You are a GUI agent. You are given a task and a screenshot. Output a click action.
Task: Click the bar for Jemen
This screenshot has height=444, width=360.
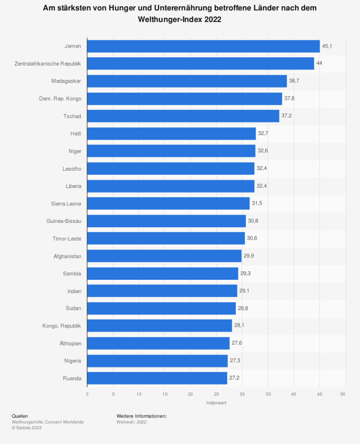(x=203, y=46)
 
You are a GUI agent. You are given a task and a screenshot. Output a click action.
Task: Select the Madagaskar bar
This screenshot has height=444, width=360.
(x=187, y=81)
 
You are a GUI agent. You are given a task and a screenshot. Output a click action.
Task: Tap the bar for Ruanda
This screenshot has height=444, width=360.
(x=157, y=378)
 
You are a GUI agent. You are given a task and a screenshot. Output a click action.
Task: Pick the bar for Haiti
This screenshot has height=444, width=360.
(x=171, y=133)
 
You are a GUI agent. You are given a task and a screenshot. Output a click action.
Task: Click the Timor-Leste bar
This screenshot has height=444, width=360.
(x=166, y=239)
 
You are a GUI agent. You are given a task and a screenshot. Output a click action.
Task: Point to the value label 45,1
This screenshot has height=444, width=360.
(x=327, y=46)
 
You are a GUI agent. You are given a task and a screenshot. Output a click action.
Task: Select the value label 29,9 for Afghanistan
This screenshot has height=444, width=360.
(x=249, y=256)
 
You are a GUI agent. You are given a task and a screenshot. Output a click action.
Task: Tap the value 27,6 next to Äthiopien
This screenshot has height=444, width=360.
(x=237, y=343)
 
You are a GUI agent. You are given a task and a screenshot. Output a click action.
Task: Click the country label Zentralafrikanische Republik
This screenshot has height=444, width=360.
(x=48, y=63)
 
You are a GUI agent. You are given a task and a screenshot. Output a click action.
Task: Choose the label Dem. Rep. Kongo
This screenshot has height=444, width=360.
(x=60, y=99)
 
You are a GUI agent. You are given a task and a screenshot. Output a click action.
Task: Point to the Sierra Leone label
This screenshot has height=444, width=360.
(x=66, y=203)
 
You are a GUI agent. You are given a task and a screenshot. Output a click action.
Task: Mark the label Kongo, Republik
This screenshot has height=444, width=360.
(x=62, y=326)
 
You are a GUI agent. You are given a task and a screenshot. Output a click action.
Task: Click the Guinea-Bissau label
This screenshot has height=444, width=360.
(x=64, y=221)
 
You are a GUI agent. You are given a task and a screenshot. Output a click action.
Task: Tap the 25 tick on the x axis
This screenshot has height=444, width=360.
(x=216, y=394)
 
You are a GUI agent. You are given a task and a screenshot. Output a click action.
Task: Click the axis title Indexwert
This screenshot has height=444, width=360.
(x=216, y=403)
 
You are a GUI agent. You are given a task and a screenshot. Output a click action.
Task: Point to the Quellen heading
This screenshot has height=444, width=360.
(x=20, y=416)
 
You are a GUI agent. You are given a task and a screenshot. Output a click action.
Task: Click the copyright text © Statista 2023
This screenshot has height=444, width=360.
(x=27, y=428)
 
